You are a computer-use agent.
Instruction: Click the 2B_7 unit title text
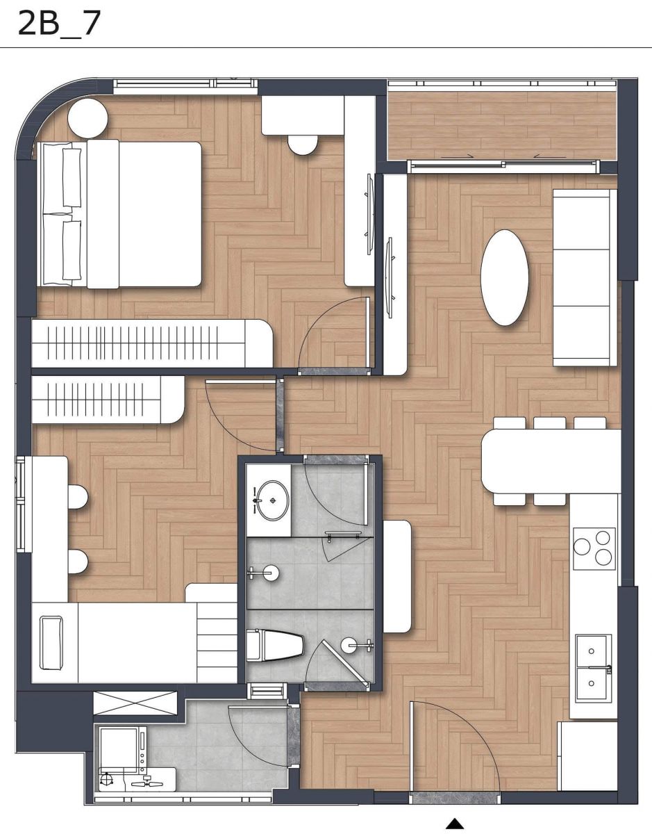[x=59, y=23]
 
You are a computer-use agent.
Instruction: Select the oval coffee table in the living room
[x=504, y=278]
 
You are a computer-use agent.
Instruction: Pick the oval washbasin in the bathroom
[x=272, y=500]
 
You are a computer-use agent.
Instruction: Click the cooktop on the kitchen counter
[x=594, y=549]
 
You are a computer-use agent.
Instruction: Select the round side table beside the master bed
[x=88, y=118]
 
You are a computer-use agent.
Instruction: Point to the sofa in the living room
[x=585, y=278]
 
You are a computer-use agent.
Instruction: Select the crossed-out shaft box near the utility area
[x=135, y=703]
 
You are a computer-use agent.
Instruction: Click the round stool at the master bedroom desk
[x=303, y=145]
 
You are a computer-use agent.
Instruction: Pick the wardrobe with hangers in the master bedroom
[x=152, y=343]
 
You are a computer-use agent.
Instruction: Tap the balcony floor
[x=502, y=126]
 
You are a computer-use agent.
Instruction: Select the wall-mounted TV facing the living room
[x=390, y=277]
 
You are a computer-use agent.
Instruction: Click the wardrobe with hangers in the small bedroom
[x=108, y=400]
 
